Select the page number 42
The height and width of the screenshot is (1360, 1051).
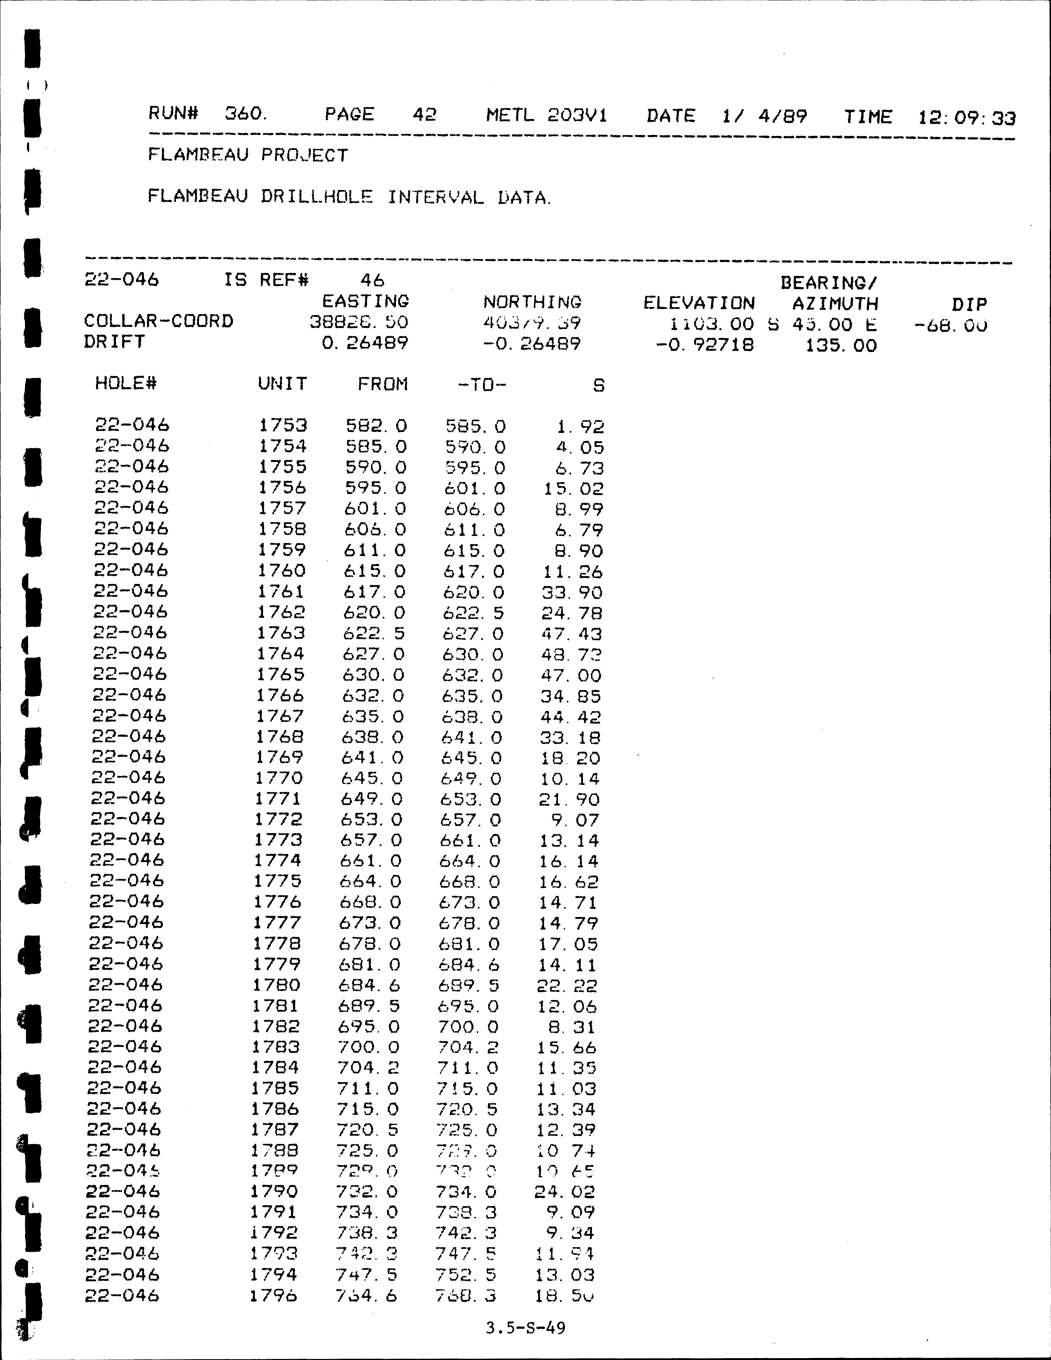[x=424, y=115]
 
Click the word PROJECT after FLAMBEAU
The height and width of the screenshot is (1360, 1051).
[x=305, y=155]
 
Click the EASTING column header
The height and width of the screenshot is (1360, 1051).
[x=365, y=301]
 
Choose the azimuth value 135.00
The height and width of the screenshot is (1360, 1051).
[x=841, y=346]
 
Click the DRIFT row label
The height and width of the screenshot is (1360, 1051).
[x=115, y=342]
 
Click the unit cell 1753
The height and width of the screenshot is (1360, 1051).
[x=283, y=425]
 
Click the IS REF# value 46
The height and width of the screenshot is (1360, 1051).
[x=372, y=280]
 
